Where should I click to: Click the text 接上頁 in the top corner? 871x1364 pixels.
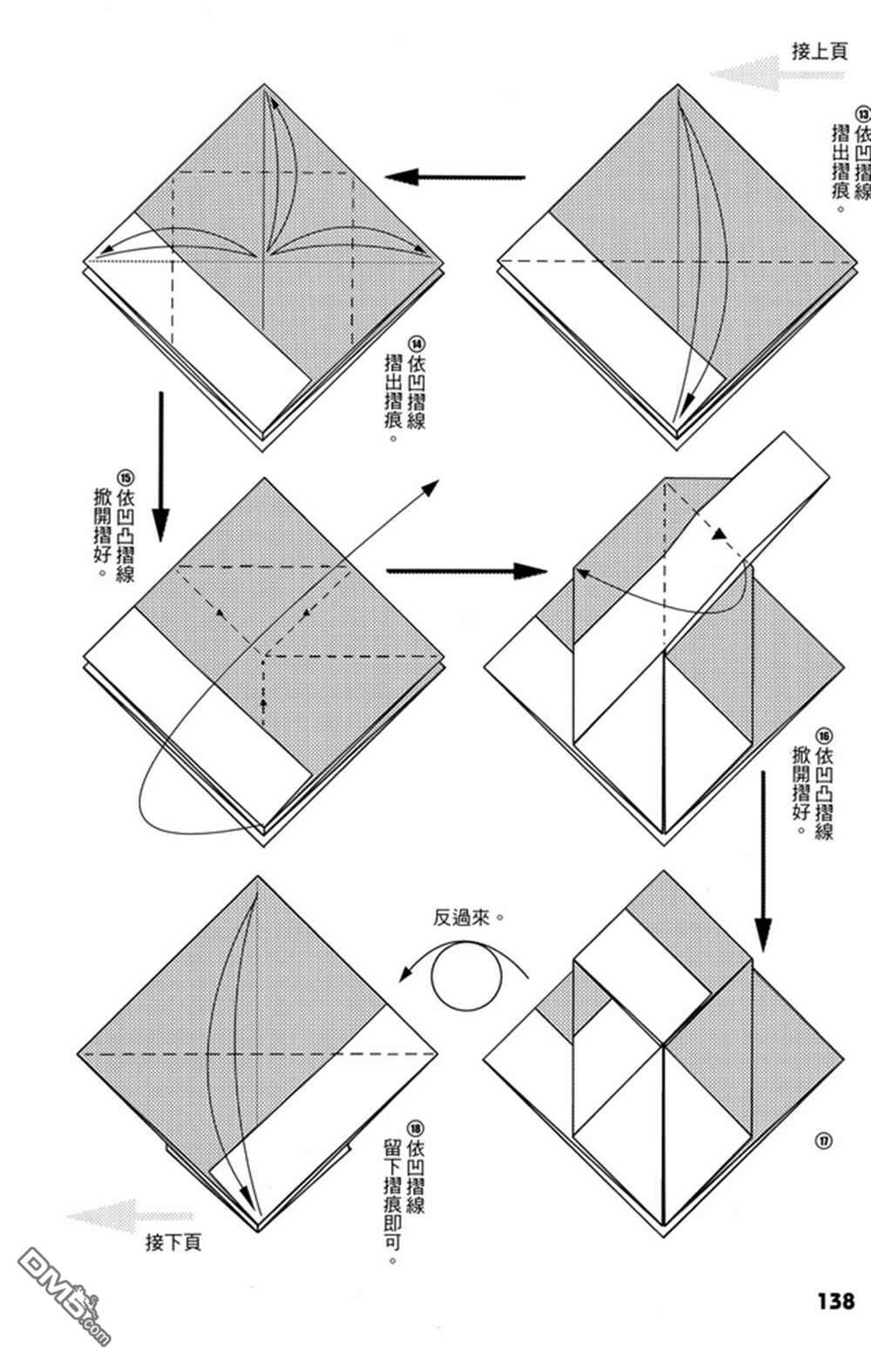click(x=819, y=50)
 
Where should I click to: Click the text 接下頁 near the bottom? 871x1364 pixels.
click(x=173, y=1242)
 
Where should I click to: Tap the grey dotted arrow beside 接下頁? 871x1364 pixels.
click(x=131, y=1215)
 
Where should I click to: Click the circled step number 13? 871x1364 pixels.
click(x=863, y=113)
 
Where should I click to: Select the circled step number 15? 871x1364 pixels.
click(x=126, y=477)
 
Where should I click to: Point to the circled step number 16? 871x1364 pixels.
click(x=824, y=734)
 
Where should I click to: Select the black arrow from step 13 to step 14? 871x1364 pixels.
click(x=456, y=178)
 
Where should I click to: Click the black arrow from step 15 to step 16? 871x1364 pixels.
click(x=466, y=571)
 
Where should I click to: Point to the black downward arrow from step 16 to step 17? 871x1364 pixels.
click(x=763, y=862)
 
